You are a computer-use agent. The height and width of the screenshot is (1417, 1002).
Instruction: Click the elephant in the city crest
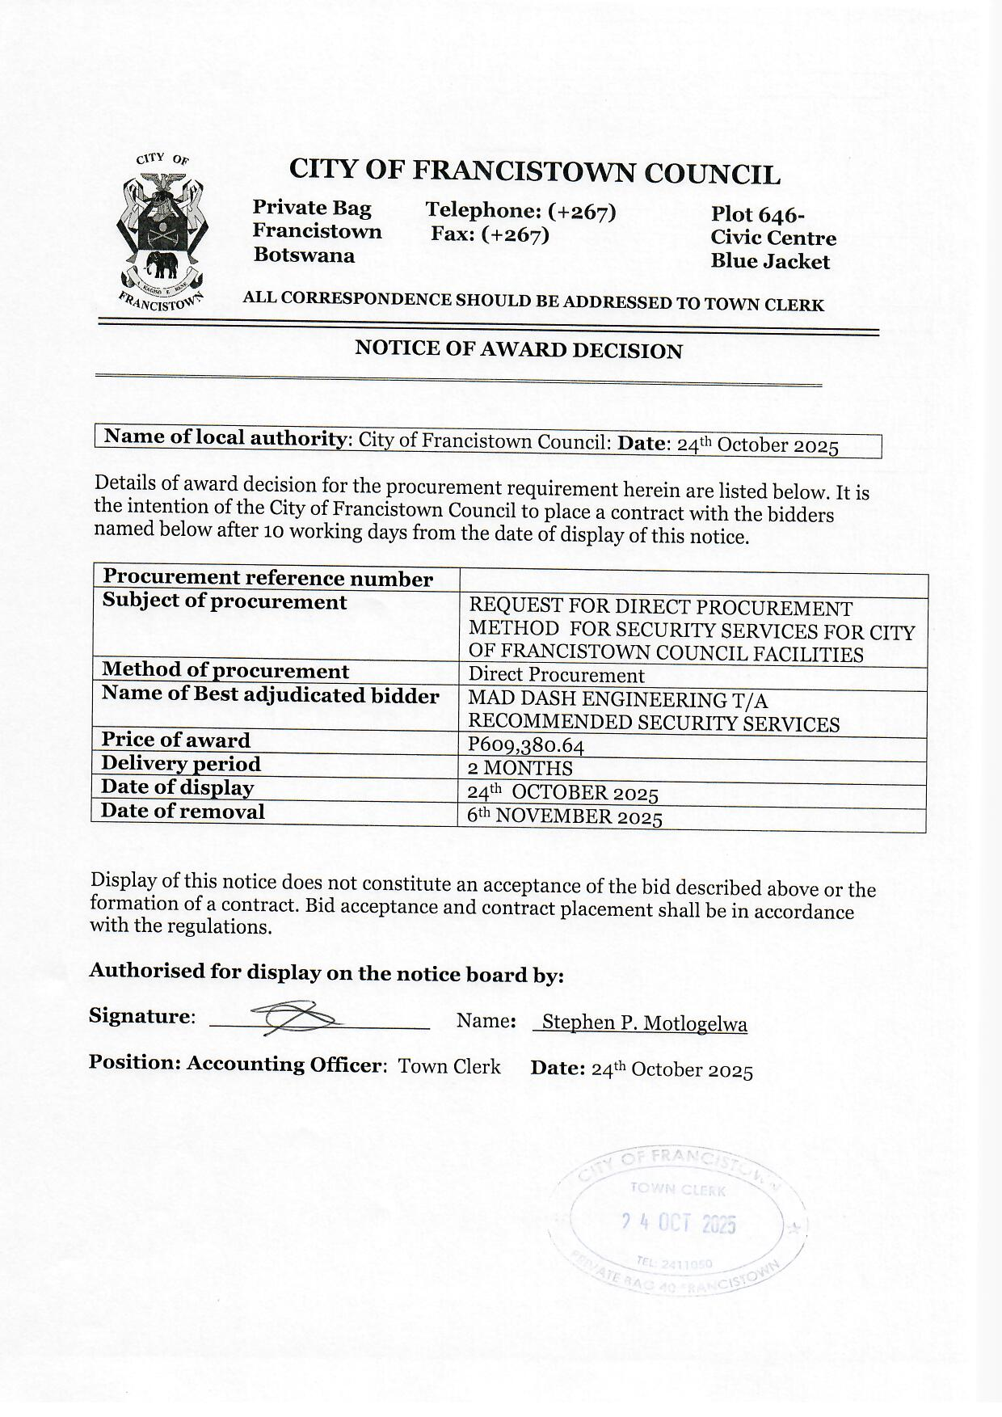(162, 264)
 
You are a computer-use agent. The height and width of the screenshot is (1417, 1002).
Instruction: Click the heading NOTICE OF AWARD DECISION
(519, 350)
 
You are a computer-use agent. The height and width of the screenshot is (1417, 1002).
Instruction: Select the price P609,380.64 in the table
(525, 745)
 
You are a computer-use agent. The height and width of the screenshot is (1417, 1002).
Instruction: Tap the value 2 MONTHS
(520, 768)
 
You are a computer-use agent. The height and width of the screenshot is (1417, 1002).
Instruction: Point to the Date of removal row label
(183, 812)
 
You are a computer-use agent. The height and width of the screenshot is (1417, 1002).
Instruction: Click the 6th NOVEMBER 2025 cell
(565, 816)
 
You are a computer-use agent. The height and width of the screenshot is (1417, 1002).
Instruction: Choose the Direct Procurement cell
(556, 675)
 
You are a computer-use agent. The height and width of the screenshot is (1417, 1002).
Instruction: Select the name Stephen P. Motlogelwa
(644, 1023)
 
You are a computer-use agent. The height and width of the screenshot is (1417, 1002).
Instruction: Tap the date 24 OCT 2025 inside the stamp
(679, 1224)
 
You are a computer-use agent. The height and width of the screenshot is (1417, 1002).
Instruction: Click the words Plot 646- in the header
(757, 215)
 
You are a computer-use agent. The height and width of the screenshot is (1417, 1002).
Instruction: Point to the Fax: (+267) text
(490, 234)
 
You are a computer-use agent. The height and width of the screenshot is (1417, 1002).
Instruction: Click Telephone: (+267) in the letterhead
(520, 211)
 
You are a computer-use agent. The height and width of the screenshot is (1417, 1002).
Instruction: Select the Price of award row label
(175, 740)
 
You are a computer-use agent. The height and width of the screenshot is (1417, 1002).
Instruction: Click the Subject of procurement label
(224, 602)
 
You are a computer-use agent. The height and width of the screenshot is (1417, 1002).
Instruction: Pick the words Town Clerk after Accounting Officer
(449, 1066)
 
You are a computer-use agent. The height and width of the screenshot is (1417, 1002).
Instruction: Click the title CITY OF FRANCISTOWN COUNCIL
(534, 172)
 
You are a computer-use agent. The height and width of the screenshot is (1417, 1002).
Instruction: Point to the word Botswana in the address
(304, 255)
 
